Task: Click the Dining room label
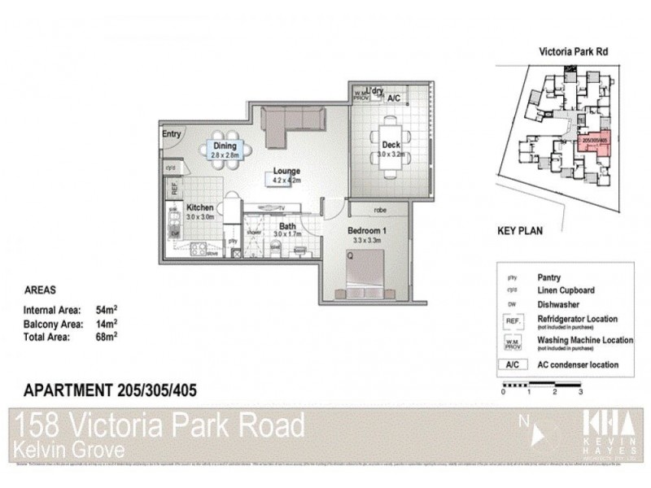click(x=224, y=146)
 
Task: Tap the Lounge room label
click(x=286, y=172)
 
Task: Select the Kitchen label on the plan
click(x=199, y=208)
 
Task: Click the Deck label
click(x=391, y=146)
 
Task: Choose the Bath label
click(x=287, y=227)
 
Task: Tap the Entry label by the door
click(x=172, y=134)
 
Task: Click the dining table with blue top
click(x=224, y=149)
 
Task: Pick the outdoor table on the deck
click(x=391, y=150)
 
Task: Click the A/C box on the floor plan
click(x=394, y=98)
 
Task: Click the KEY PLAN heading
click(x=520, y=230)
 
